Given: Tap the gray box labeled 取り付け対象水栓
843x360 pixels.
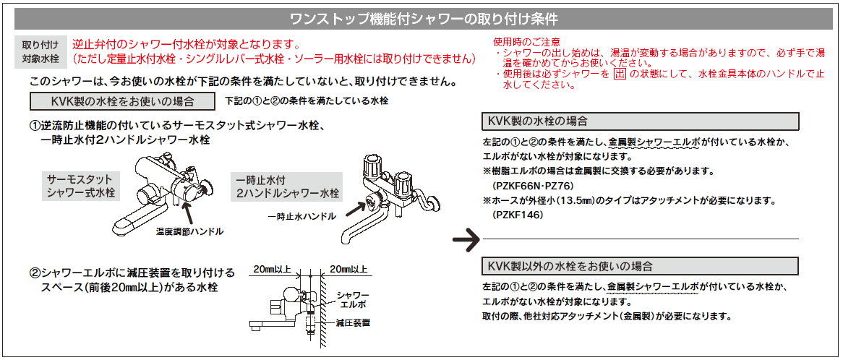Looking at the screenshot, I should point(40,51).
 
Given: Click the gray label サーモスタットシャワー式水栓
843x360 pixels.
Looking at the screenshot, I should point(80,186).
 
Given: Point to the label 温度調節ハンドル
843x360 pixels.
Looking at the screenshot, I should point(189,232).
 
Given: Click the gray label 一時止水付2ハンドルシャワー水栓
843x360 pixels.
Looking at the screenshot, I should point(287,186).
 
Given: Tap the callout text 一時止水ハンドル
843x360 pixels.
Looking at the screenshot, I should point(301,216).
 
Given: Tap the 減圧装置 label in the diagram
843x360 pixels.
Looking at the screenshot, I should point(354,321).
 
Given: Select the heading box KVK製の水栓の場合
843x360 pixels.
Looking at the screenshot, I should point(640,121).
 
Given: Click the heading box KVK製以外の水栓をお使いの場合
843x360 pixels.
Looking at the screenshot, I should point(640,265).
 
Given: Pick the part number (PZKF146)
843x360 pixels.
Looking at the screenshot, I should point(517,215).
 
